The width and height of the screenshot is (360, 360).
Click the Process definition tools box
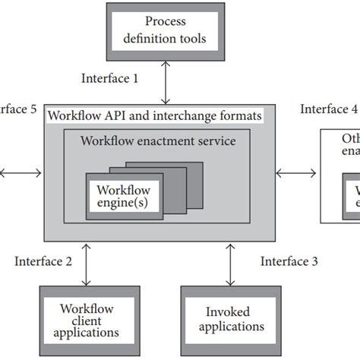click(165, 31)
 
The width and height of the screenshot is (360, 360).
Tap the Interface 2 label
click(43, 261)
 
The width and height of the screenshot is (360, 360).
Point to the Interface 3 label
click(289, 261)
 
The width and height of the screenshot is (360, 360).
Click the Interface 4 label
click(329, 109)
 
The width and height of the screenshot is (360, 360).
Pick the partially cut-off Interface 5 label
click(17, 109)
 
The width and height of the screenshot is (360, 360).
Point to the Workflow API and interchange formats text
click(155, 116)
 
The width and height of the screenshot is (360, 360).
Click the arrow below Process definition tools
click(165, 82)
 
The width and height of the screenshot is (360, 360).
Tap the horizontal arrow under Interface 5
click(21, 172)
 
